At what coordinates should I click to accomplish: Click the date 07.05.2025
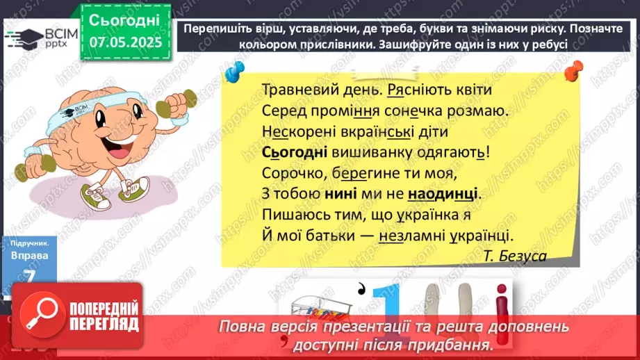coord(125,41)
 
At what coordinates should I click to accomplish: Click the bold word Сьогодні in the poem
coord(292,152)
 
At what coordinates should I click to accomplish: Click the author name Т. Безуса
coord(515,256)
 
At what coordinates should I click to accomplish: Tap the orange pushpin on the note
coord(574,69)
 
